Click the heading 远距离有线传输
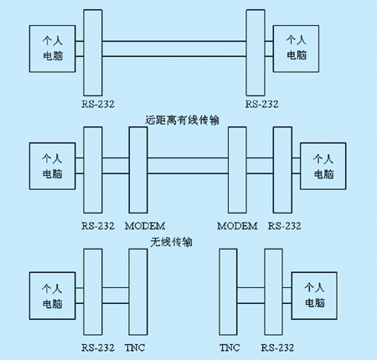point(182,121)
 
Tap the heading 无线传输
point(171,242)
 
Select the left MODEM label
point(145,226)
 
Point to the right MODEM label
point(237,226)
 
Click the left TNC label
point(135,347)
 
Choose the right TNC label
point(230,347)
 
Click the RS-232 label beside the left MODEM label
point(98,226)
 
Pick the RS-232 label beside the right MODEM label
point(285,226)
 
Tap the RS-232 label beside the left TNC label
point(98,347)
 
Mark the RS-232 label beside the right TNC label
point(277,347)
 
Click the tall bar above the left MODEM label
point(138,170)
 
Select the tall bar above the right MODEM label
point(237,170)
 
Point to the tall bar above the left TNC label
point(138,292)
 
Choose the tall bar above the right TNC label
point(229,292)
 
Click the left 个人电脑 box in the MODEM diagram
point(53,167)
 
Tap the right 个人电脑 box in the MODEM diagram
point(323,167)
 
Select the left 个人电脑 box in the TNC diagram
point(53,296)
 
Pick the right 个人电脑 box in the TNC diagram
point(314,296)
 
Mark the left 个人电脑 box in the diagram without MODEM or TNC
point(53,49)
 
